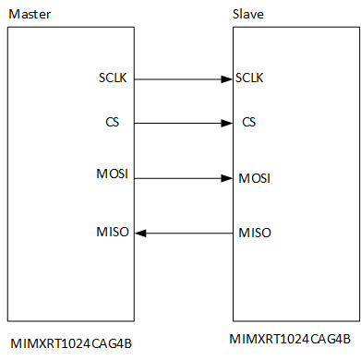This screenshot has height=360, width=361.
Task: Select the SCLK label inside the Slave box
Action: click(250, 78)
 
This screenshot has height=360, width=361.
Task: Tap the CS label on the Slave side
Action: click(247, 122)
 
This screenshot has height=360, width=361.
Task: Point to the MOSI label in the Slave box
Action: click(254, 177)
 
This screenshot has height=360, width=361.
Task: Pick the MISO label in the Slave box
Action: click(254, 232)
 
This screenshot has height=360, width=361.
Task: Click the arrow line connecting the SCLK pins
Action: click(180, 79)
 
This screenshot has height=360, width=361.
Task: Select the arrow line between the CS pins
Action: click(180, 123)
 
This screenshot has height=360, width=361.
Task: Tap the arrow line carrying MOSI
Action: click(180, 177)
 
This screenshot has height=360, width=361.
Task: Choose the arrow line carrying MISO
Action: click(185, 232)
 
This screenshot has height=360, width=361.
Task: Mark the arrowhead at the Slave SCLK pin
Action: click(227, 79)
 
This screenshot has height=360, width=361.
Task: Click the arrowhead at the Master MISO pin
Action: click(140, 232)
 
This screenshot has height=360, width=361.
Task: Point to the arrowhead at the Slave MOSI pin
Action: click(227, 177)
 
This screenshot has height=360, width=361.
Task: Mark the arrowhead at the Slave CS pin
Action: click(227, 123)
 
